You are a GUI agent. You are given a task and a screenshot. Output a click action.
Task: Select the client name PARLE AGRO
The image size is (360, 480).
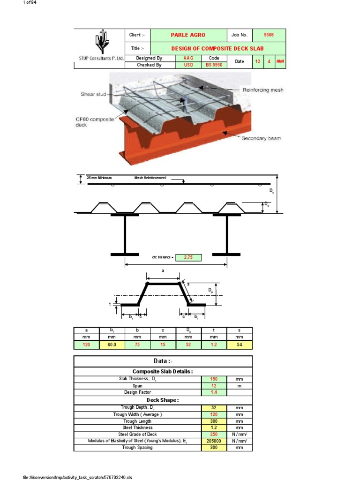tap(188, 35)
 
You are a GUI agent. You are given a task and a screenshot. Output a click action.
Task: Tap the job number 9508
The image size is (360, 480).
tap(269, 35)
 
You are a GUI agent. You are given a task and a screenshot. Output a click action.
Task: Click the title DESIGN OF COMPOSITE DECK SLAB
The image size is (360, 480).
tap(217, 48)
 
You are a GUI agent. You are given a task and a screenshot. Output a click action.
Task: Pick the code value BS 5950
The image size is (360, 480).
tap(214, 65)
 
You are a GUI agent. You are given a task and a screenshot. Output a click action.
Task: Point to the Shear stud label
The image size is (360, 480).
tap(94, 94)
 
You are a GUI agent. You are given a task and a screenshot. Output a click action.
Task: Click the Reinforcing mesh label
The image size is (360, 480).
tap(262, 90)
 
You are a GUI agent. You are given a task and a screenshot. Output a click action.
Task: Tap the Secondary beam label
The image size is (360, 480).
tap(261, 138)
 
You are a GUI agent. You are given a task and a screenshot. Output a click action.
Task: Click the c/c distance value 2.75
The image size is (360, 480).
tap(188, 257)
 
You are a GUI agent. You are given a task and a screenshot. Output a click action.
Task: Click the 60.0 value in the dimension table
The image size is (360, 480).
tap(112, 345)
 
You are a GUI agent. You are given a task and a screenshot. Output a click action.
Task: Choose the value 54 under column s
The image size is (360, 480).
tap(239, 345)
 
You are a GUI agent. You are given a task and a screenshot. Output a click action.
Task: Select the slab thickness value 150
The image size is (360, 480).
tap(214, 379)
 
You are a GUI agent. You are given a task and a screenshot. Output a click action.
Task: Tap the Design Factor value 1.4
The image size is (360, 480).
tap(214, 392)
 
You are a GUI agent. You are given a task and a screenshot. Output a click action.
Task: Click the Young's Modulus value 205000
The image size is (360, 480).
tap(214, 441)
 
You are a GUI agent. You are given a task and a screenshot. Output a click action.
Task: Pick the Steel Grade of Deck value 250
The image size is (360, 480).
tap(214, 435)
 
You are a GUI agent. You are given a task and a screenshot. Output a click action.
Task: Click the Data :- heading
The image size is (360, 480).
tap(163, 361)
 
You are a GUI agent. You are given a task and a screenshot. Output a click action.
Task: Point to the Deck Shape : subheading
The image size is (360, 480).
tap(163, 400)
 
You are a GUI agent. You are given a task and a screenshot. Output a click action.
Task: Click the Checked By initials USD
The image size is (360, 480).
tap(188, 65)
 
